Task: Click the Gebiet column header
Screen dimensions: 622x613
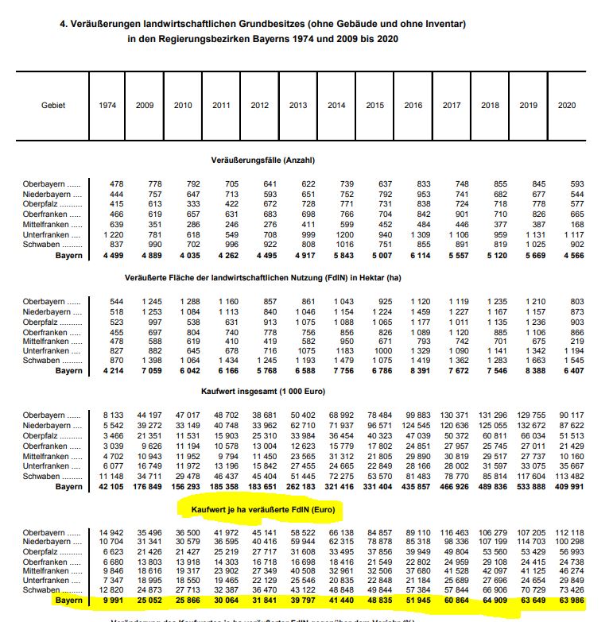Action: point(53,106)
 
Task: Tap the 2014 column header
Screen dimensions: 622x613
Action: point(336,106)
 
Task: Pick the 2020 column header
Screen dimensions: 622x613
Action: point(567,106)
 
